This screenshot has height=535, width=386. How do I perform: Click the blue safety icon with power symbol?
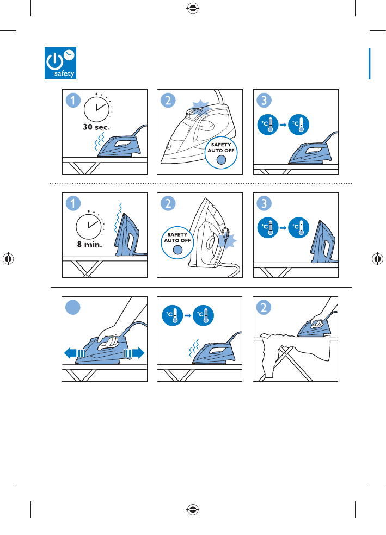60,63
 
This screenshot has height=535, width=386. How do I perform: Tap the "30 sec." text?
97,127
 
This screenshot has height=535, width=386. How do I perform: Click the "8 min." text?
89,244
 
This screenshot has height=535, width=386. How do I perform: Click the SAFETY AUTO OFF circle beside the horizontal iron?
221,153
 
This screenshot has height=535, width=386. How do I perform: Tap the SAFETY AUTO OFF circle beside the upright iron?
177,242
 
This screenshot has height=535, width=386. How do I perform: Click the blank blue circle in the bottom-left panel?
73,307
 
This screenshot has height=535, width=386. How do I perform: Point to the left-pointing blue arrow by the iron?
75,353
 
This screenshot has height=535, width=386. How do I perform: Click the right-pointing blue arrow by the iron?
134,353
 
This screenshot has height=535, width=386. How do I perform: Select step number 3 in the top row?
264,100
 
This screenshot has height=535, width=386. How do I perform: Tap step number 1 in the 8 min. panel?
73,203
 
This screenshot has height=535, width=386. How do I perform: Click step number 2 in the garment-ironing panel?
264,307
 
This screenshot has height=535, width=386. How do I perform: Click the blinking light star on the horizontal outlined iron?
200,107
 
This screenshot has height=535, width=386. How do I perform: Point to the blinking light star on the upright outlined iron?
228,241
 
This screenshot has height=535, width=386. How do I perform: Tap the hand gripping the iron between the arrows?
109,338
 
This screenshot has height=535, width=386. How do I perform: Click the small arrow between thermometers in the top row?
283,125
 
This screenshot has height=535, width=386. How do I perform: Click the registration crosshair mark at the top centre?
193,8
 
